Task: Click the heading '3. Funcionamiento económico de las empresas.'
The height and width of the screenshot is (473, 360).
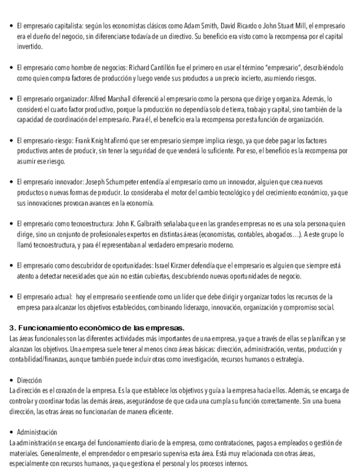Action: pos(97,327)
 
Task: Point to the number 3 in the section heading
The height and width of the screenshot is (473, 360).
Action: pos(13,327)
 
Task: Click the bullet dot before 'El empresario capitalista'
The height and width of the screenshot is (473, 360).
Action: pos(13,26)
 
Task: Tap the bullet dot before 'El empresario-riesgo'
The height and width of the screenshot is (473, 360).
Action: pos(13,141)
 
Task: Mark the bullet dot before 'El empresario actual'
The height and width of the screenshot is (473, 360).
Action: pos(13,297)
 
